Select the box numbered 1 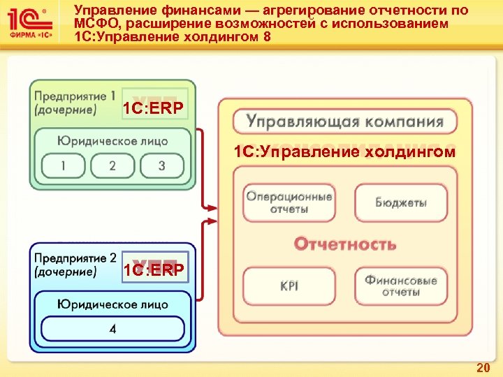point(64,166)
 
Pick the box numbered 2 point(112,166)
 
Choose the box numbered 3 point(161,166)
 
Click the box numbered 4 point(112,328)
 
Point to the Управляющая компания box point(344,121)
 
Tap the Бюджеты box point(400,202)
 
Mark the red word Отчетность point(344,244)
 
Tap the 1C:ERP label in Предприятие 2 point(154,269)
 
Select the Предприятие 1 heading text point(75,96)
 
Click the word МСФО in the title point(93,24)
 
